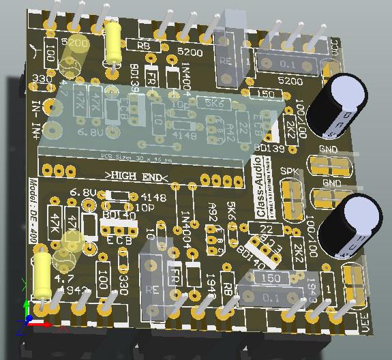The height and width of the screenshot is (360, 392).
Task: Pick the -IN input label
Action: click(35, 108)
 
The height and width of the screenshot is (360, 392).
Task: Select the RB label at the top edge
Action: click(143, 45)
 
